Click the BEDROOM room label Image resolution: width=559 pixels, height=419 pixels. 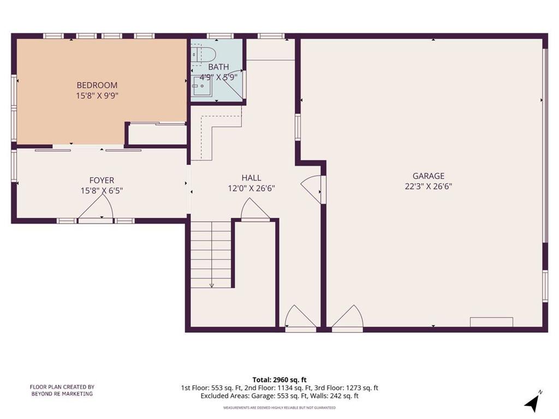97,85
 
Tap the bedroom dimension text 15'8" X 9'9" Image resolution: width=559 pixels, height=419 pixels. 97,96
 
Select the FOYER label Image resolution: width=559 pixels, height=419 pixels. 102,180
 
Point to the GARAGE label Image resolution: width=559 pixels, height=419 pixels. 429,176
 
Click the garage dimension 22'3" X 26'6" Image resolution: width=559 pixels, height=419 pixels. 429,187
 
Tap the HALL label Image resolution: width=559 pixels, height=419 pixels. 251,178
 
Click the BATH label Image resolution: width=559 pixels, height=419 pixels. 218,67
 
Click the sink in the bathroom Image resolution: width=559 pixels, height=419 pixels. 202,86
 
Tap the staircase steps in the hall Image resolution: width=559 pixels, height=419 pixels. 211,254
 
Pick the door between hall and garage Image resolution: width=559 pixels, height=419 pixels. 311,189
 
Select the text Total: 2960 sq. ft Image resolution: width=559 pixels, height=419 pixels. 279,380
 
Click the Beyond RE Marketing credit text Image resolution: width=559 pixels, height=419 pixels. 62,390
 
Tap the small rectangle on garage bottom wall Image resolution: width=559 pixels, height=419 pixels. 491,322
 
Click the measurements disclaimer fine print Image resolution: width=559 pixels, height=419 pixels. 279,408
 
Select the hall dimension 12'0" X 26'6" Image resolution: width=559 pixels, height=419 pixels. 251,188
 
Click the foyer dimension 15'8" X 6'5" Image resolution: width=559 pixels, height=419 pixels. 102,191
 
